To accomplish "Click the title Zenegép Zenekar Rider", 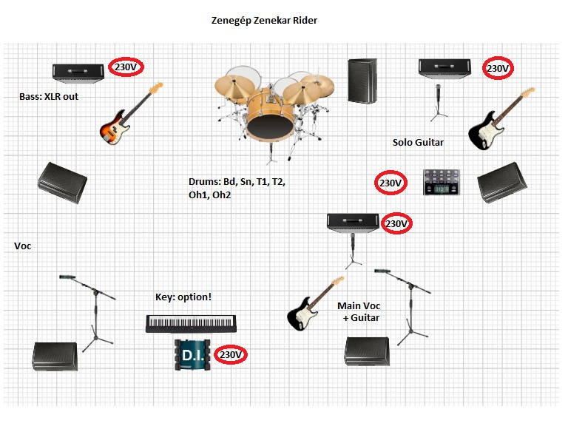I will click(x=264, y=20).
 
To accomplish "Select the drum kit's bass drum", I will click(x=269, y=117).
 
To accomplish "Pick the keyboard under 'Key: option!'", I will click(x=192, y=323).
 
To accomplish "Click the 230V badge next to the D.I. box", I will click(x=231, y=355).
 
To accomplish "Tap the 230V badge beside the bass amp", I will click(x=126, y=67).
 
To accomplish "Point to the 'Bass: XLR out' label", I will click(x=50, y=96).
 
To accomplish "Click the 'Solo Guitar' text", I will click(x=419, y=142).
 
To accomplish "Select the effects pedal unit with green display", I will click(x=442, y=182).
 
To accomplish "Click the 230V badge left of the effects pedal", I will click(x=390, y=183).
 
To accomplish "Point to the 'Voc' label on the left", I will click(x=23, y=246).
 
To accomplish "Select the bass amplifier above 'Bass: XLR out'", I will click(x=78, y=72).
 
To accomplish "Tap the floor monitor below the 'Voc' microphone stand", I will click(x=55, y=355).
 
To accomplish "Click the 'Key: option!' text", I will click(x=183, y=297).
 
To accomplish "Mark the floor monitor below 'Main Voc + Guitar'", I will click(x=367, y=351).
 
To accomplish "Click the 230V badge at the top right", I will click(x=498, y=69).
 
